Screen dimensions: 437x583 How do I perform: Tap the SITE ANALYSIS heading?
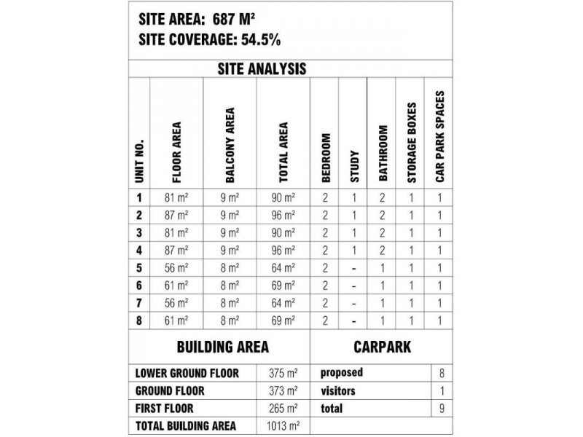(x=263, y=69)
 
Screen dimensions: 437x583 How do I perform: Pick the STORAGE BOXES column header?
(x=412, y=142)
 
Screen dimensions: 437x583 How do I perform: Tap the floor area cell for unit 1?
(x=177, y=197)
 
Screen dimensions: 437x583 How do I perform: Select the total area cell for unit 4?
(x=283, y=248)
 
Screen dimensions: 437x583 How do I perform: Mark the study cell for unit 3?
(x=353, y=232)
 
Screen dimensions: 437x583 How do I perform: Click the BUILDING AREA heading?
(x=219, y=346)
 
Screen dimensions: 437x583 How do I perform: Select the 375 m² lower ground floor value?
(x=283, y=372)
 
